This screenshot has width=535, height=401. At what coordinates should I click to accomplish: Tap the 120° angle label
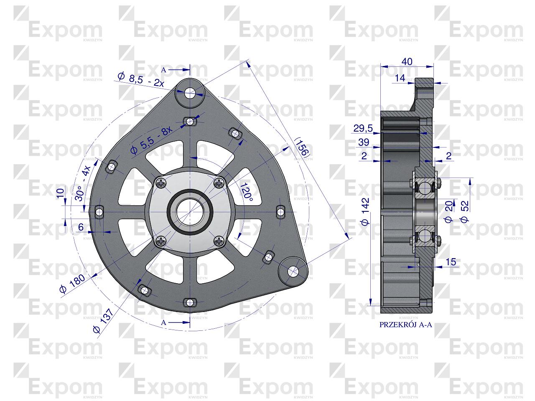(x=246, y=193)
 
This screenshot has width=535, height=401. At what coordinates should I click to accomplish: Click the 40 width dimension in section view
(x=406, y=62)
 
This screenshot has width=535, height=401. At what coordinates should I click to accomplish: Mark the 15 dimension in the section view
(x=451, y=262)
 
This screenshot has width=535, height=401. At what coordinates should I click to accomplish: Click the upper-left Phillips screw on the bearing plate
(x=161, y=183)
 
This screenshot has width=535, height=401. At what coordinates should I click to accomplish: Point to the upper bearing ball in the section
(x=425, y=189)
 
